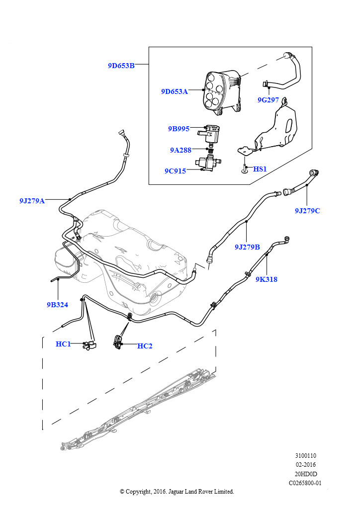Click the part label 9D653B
[121, 65]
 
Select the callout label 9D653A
[175, 91]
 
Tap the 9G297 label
[268, 100]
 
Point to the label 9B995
[179, 129]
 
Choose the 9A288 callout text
[180, 150]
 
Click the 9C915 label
[175, 171]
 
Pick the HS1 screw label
[260, 169]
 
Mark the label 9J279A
[32, 201]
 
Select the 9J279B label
[247, 247]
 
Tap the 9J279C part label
[307, 211]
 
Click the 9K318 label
[267, 279]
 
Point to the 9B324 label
[57, 305]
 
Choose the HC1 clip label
[63, 343]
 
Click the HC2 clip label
[145, 346]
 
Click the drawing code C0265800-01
[305, 483]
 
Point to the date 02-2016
[305, 465]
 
